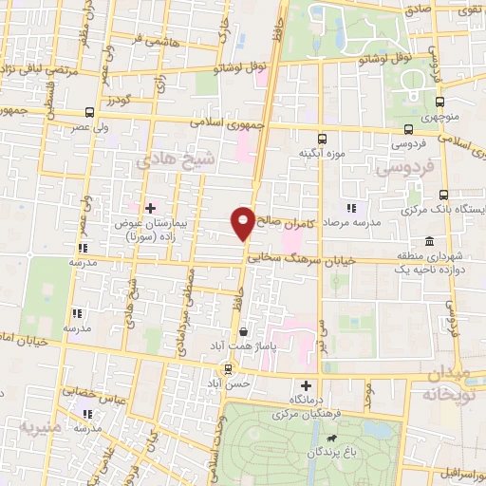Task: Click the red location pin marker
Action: click(x=243, y=223)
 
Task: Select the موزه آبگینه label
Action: click(x=322, y=153)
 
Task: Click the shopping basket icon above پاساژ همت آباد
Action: click(x=246, y=332)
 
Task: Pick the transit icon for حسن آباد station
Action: click(x=227, y=368)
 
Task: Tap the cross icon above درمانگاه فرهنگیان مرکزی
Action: click(x=305, y=385)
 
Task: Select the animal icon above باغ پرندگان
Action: click(x=330, y=439)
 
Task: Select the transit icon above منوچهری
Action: click(x=439, y=103)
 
